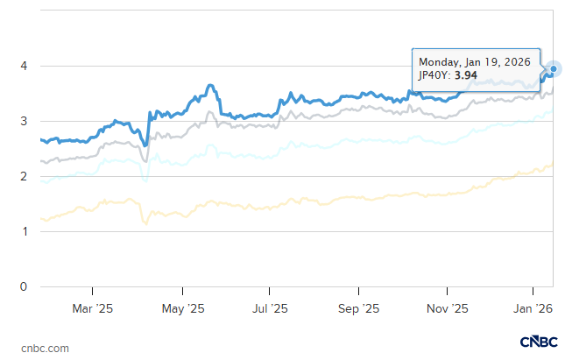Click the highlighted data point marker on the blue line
click(x=553, y=68)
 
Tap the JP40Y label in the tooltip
click(x=435, y=76)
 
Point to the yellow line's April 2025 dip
click(x=145, y=223)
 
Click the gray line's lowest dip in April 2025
click(x=145, y=160)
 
